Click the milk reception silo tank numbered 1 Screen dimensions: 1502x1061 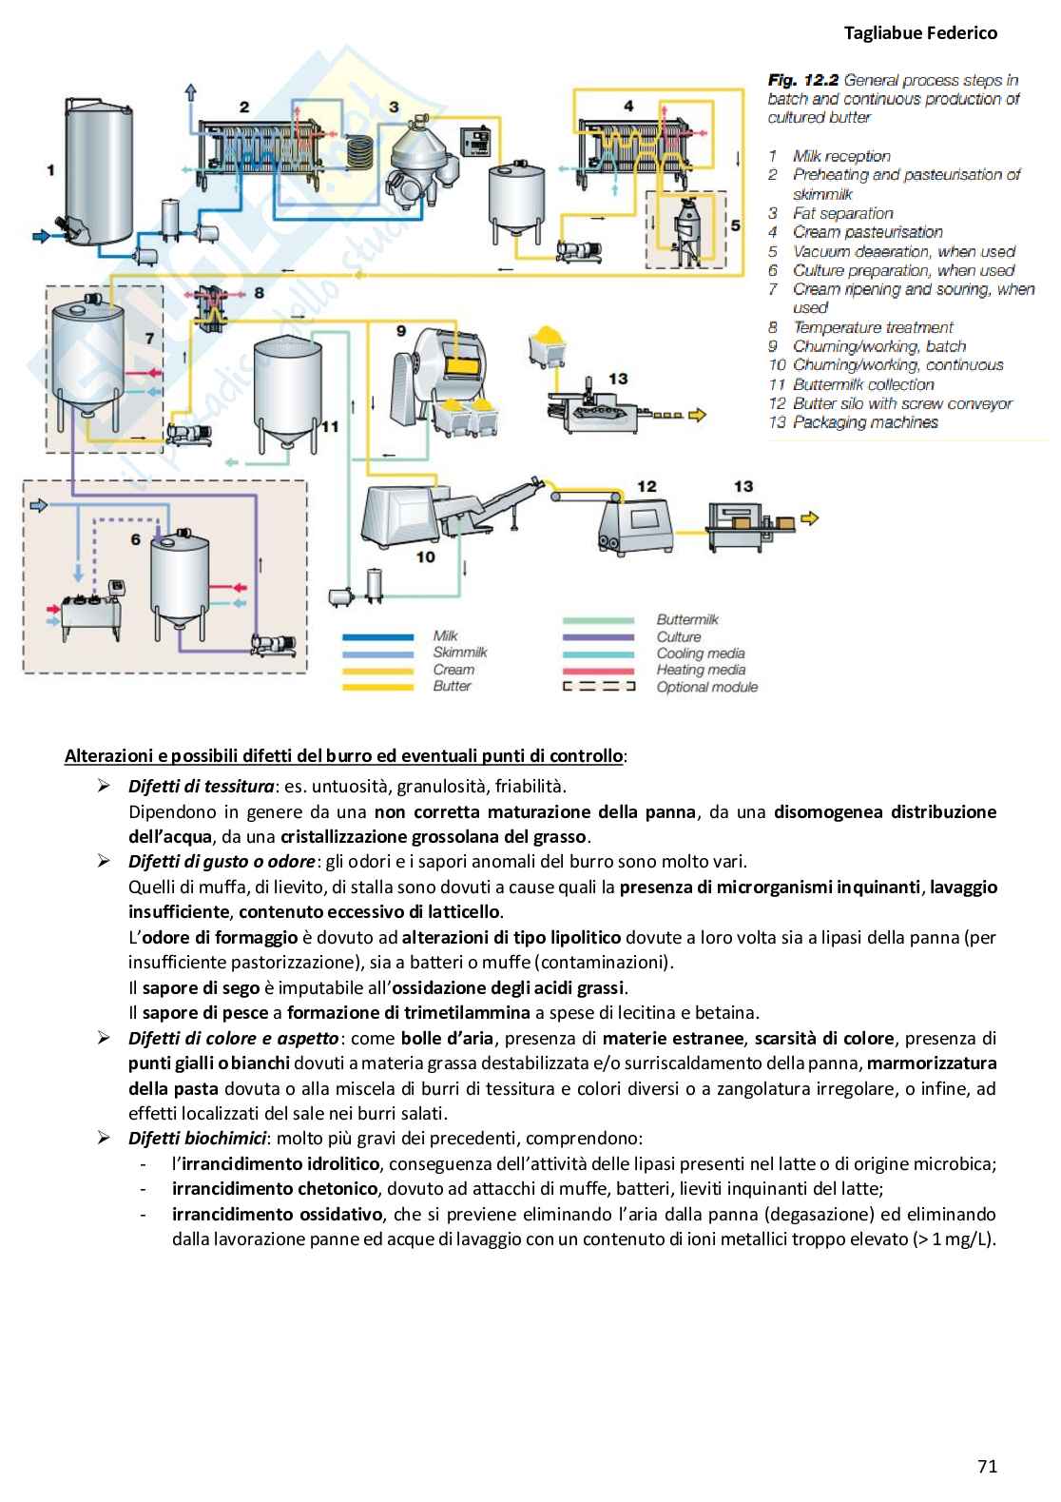(98, 171)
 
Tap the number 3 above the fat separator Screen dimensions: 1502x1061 (394, 107)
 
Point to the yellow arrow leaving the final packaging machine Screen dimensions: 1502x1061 (809, 518)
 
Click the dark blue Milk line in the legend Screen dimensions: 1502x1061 (377, 636)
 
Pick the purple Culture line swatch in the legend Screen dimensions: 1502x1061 (598, 637)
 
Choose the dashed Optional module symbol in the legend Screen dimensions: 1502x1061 (598, 686)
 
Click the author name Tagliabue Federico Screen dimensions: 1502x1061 (920, 33)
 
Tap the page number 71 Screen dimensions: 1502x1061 (987, 1466)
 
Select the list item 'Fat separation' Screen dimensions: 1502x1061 (842, 213)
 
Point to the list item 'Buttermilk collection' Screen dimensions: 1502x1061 (863, 384)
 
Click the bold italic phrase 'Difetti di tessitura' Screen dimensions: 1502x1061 (202, 787)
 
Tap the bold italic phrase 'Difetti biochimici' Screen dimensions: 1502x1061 (197, 1138)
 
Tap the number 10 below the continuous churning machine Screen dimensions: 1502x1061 (425, 556)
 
